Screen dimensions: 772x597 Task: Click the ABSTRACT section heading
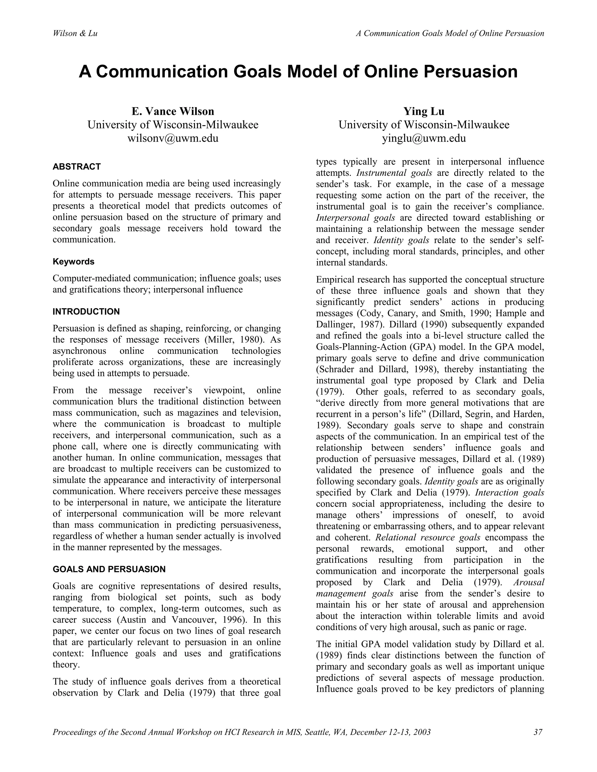pos(76,166)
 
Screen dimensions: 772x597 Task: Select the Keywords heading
pos(73,262)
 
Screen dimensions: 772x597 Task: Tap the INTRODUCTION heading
pos(86,311)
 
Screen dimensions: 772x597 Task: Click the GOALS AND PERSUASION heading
pos(109,569)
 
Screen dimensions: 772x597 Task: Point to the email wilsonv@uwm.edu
pos(173,138)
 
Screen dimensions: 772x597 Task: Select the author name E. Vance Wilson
pos(173,111)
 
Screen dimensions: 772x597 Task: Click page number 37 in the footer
pos(538,732)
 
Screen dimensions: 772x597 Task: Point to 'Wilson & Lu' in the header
pos(75,34)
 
